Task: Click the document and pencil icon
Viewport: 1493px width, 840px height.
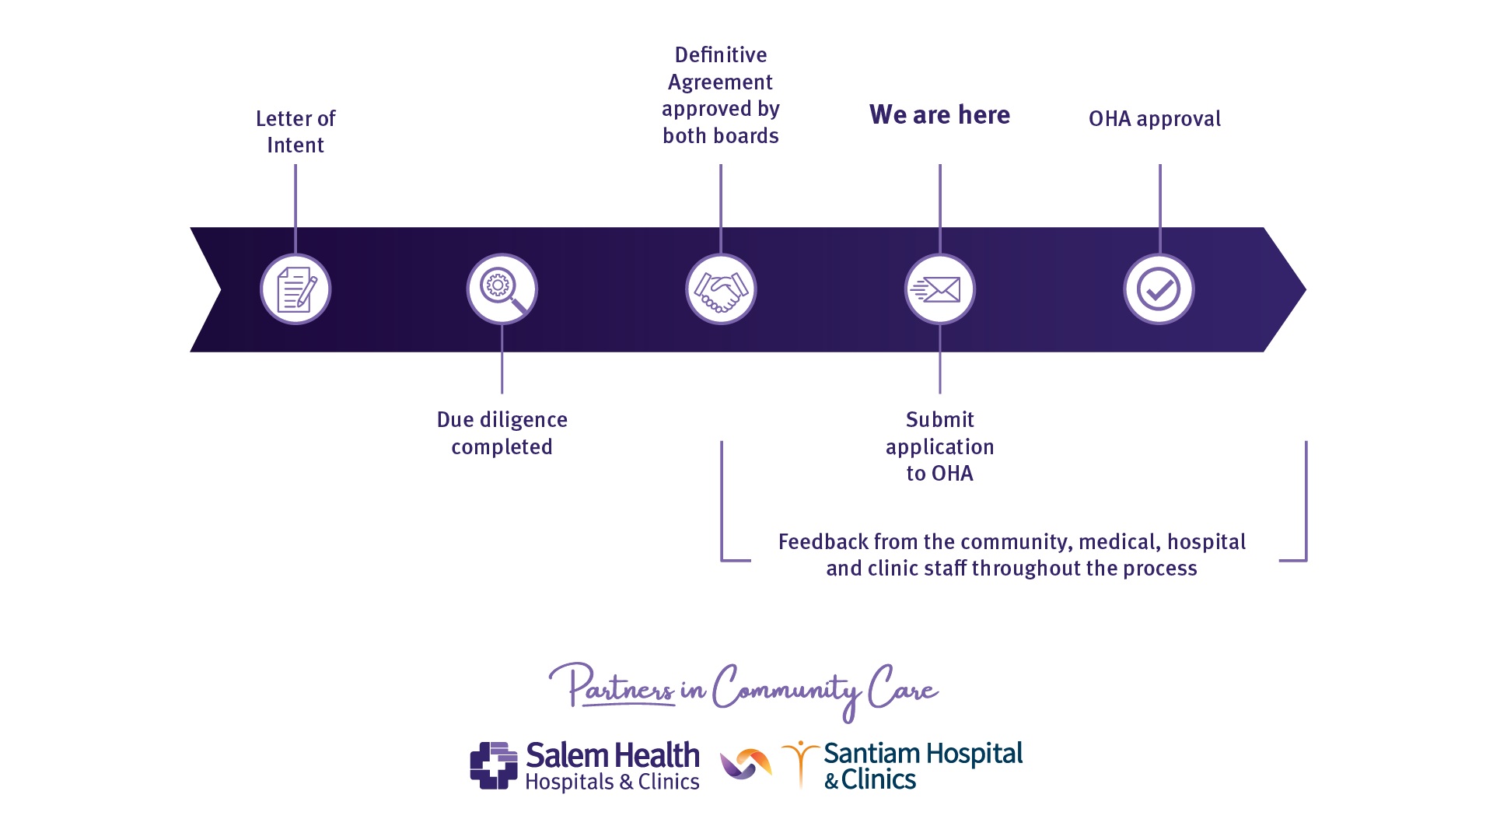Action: (x=295, y=289)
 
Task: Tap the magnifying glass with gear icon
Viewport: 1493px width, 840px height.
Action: (x=502, y=289)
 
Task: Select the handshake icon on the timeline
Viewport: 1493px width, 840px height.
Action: (x=721, y=289)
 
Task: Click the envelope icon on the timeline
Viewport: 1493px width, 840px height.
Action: (x=939, y=289)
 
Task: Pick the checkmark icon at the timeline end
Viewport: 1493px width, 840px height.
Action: (x=1159, y=289)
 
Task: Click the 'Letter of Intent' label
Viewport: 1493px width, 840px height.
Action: (x=295, y=131)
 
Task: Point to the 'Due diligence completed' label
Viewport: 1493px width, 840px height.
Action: (x=502, y=432)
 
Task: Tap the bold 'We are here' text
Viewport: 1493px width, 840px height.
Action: (x=939, y=115)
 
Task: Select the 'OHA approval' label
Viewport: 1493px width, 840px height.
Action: (x=1154, y=119)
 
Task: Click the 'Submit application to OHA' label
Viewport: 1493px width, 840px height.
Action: (x=939, y=446)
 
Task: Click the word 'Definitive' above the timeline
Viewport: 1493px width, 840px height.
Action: (x=721, y=55)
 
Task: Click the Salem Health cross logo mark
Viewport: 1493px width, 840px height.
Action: (x=494, y=765)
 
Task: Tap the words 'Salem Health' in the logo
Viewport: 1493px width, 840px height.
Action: (x=613, y=755)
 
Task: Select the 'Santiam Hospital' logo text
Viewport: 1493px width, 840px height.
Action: (x=923, y=754)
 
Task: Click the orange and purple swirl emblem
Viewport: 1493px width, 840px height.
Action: (x=746, y=764)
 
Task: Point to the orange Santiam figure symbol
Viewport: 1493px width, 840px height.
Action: (x=800, y=763)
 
